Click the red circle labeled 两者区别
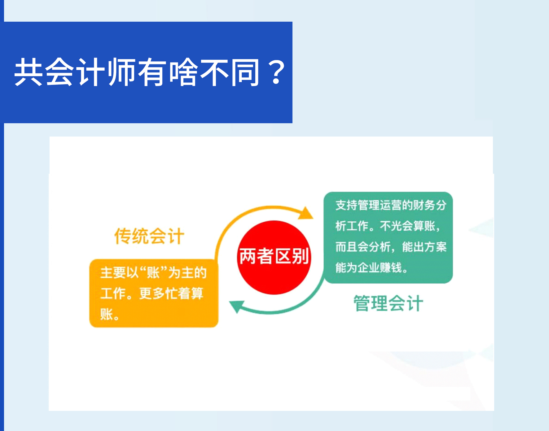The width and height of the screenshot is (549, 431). click(x=274, y=257)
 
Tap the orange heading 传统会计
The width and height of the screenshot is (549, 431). click(x=149, y=236)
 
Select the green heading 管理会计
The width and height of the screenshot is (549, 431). click(x=388, y=303)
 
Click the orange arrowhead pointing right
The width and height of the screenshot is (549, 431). click(x=306, y=213)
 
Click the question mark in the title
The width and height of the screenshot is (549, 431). click(x=277, y=72)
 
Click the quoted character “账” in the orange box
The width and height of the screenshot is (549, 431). click(x=153, y=273)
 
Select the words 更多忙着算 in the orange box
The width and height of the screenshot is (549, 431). click(x=171, y=293)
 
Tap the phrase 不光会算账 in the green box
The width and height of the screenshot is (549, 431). click(x=408, y=226)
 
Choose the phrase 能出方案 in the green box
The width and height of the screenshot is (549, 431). click(x=424, y=247)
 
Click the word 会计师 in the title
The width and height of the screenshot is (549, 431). click(x=91, y=72)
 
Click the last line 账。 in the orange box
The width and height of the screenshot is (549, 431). click(x=110, y=314)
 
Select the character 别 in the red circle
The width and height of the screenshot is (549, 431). click(x=300, y=256)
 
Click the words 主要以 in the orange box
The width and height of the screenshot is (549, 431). click(x=120, y=273)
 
